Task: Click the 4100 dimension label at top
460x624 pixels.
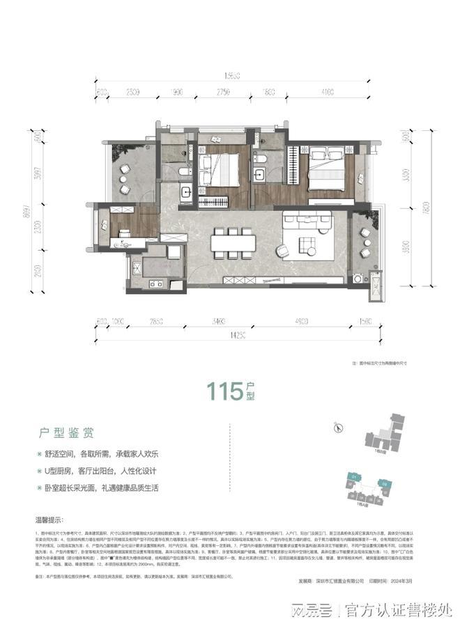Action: point(328,91)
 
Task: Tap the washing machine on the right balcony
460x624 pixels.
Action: point(365,282)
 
